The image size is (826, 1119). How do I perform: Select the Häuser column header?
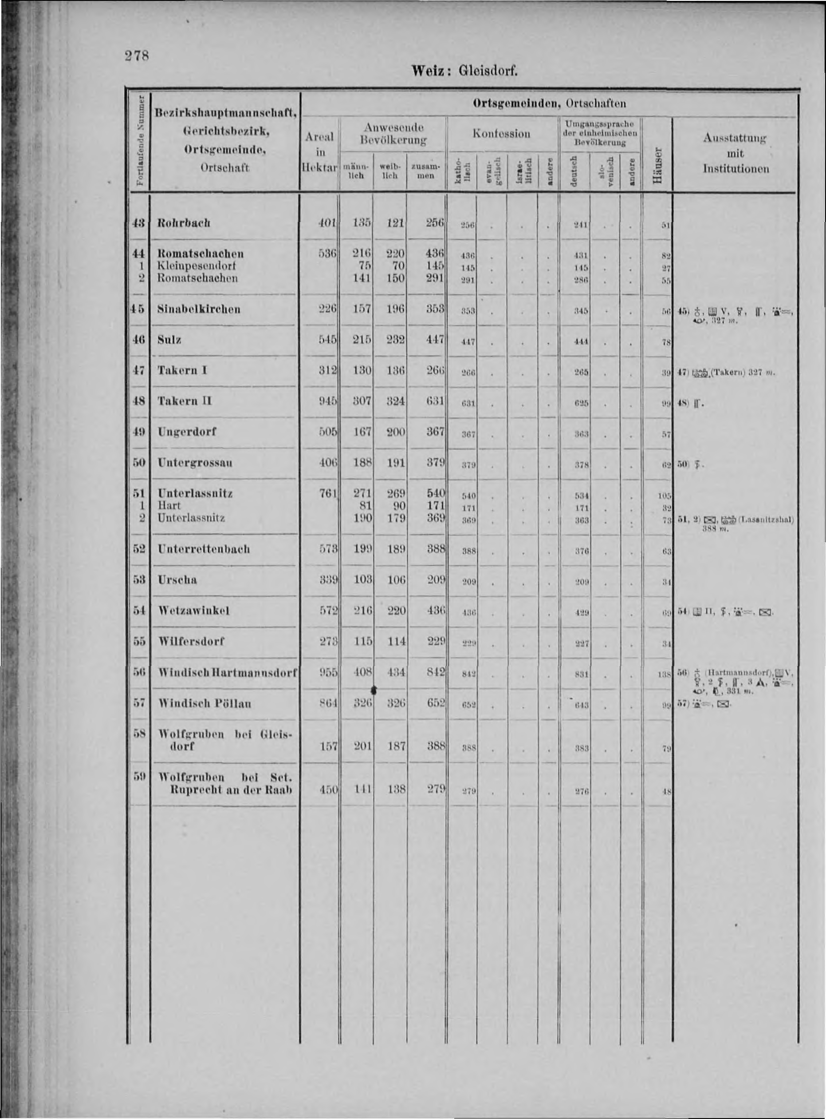(658, 165)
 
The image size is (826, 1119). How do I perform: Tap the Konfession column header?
(501, 134)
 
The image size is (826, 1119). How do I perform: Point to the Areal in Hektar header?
(320, 153)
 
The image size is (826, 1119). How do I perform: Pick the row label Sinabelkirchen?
(199, 309)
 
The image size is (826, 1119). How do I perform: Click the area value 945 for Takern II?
(328, 401)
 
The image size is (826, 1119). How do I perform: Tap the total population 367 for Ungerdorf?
(435, 431)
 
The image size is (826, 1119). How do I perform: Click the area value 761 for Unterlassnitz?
(328, 493)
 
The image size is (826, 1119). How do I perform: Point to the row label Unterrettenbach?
(204, 549)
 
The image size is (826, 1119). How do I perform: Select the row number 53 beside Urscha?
(139, 580)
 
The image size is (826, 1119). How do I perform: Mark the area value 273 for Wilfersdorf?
(328, 642)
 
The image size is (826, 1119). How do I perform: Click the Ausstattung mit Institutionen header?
(736, 153)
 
